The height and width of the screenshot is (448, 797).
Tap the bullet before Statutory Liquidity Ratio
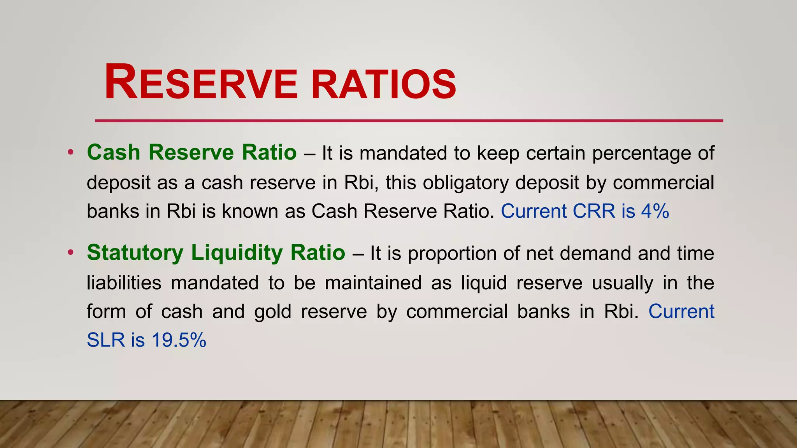click(x=70, y=253)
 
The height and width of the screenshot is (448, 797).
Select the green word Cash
click(x=113, y=152)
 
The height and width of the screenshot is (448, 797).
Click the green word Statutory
click(x=135, y=253)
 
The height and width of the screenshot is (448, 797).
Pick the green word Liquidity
click(x=237, y=253)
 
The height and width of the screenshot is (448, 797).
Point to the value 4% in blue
click(x=655, y=211)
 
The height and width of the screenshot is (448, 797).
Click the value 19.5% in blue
click(x=179, y=340)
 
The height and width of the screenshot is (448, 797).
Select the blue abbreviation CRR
click(x=594, y=211)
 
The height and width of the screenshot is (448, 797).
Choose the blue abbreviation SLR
click(x=105, y=340)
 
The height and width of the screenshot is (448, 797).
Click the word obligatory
click(x=465, y=183)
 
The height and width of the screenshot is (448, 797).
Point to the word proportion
click(x=452, y=254)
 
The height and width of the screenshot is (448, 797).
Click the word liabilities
click(x=124, y=283)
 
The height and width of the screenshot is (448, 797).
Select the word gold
click(x=272, y=311)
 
